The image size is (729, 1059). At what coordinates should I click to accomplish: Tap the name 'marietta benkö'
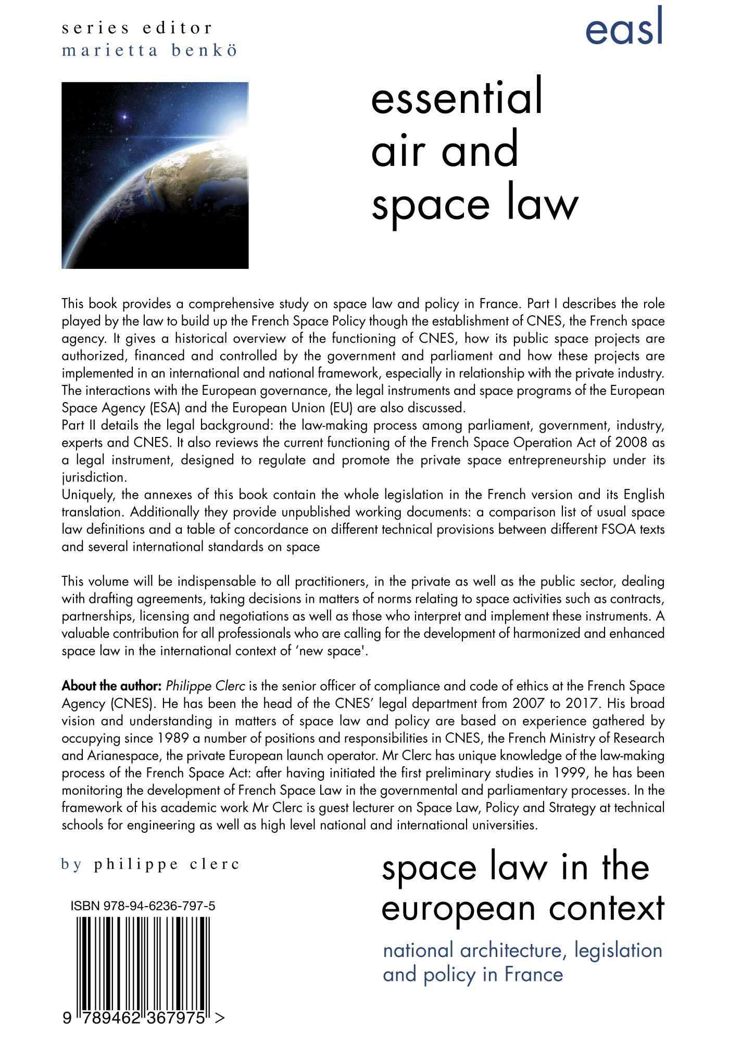coord(149,50)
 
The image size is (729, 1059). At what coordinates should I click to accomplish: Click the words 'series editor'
coord(137,28)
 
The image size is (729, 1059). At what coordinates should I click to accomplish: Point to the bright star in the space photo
coord(125,117)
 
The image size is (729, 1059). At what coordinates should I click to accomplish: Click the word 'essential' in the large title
coord(457,97)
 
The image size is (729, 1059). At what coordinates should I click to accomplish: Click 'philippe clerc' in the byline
coord(166,864)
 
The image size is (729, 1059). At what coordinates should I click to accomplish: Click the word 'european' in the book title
coord(458,909)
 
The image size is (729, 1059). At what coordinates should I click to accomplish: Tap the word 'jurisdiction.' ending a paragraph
coord(94,477)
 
